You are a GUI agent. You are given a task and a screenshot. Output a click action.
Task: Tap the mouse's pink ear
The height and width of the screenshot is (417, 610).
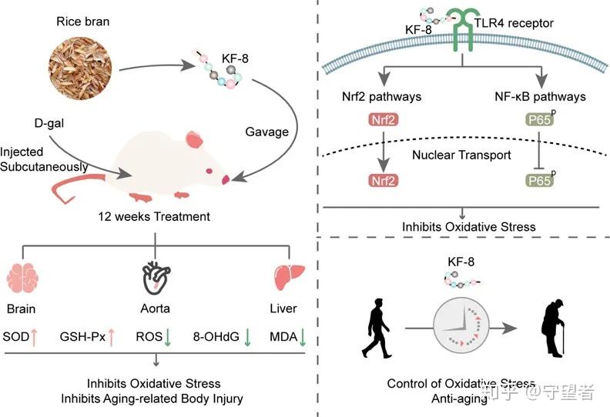pyautogui.click(x=194, y=139)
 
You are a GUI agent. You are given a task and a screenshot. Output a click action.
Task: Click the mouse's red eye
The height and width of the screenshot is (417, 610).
pyautogui.click(x=209, y=171)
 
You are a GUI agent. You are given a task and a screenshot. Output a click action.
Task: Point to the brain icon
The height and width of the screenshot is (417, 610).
pyautogui.click(x=22, y=278)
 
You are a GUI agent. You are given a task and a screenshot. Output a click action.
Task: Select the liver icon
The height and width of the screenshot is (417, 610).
pyautogui.click(x=289, y=277)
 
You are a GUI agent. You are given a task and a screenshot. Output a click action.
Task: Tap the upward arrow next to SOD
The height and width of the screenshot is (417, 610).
pyautogui.click(x=34, y=337)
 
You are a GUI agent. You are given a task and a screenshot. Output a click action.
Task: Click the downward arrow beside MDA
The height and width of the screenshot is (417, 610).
pyautogui.click(x=303, y=337)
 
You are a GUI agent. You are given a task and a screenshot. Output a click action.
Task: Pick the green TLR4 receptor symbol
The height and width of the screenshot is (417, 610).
pyautogui.click(x=463, y=29)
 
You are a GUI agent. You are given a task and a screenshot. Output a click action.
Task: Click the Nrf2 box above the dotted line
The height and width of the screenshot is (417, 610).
pyautogui.click(x=384, y=120)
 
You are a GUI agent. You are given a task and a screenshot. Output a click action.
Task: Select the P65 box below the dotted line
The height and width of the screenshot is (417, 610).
pyautogui.click(x=539, y=180)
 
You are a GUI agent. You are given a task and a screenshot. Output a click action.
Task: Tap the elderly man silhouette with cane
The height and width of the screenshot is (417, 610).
pyautogui.click(x=552, y=329)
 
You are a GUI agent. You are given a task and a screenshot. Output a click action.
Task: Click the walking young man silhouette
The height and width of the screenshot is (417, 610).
pyautogui.click(x=376, y=329)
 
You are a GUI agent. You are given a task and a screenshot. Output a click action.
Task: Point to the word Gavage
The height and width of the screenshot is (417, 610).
pyautogui.click(x=266, y=132)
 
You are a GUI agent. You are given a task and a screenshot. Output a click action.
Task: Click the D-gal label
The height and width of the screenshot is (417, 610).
pyautogui.click(x=49, y=123)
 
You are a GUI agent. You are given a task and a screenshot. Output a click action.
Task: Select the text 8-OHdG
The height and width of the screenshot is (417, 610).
pyautogui.click(x=216, y=336)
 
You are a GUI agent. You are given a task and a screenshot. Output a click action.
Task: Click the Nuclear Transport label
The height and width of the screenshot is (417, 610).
pyautogui.click(x=461, y=155)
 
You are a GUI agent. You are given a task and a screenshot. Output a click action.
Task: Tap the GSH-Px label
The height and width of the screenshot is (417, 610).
pyautogui.click(x=82, y=336)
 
